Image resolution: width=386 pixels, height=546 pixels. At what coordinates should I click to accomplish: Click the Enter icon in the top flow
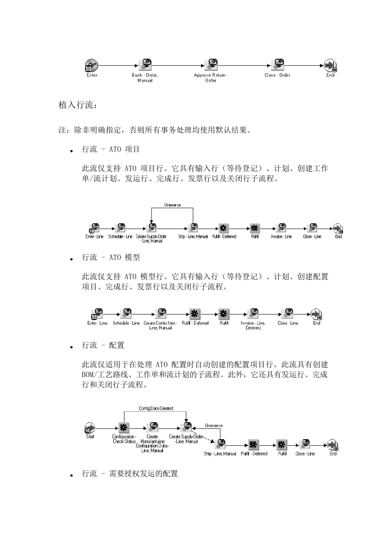pyautogui.click(x=91, y=65)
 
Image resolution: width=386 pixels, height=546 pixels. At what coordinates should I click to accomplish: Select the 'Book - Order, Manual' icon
pyautogui.click(x=145, y=65)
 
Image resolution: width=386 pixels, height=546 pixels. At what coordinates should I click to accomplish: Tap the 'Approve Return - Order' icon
pyautogui.click(x=211, y=65)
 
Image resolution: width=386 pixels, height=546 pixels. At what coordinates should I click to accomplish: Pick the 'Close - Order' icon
pyautogui.click(x=278, y=65)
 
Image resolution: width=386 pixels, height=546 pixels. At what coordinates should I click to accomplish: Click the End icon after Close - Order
pyautogui.click(x=330, y=65)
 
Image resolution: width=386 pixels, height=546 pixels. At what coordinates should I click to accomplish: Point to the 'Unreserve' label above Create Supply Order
pyautogui.click(x=172, y=205)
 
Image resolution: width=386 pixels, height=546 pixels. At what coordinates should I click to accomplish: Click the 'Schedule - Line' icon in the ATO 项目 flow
pyautogui.click(x=120, y=228)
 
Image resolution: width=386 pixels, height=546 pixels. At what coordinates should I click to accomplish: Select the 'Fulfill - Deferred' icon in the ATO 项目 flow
pyautogui.click(x=223, y=228)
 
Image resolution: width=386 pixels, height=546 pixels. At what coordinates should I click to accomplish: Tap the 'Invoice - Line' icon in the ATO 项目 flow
pyautogui.click(x=281, y=228)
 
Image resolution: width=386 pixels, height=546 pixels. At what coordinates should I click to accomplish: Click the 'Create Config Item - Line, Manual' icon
pyautogui.click(x=160, y=314)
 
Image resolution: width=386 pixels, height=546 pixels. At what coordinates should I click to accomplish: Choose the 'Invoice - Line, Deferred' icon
pyautogui.click(x=253, y=314)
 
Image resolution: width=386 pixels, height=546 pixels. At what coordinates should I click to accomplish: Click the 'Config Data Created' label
pyautogui.click(x=156, y=409)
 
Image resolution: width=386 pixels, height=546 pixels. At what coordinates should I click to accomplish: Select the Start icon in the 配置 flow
pyautogui.click(x=90, y=428)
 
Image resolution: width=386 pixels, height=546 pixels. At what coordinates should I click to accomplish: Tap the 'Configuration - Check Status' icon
pyautogui.click(x=124, y=428)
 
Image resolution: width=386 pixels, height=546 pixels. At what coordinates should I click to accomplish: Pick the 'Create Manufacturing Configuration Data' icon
pyautogui.click(x=152, y=428)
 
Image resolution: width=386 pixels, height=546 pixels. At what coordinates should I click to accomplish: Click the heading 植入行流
pyautogui.click(x=78, y=105)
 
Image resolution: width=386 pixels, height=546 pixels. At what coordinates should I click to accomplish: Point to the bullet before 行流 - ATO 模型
pyautogui.click(x=71, y=258)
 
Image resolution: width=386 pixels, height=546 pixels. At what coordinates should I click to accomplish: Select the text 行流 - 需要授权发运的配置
pyautogui.click(x=130, y=474)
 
